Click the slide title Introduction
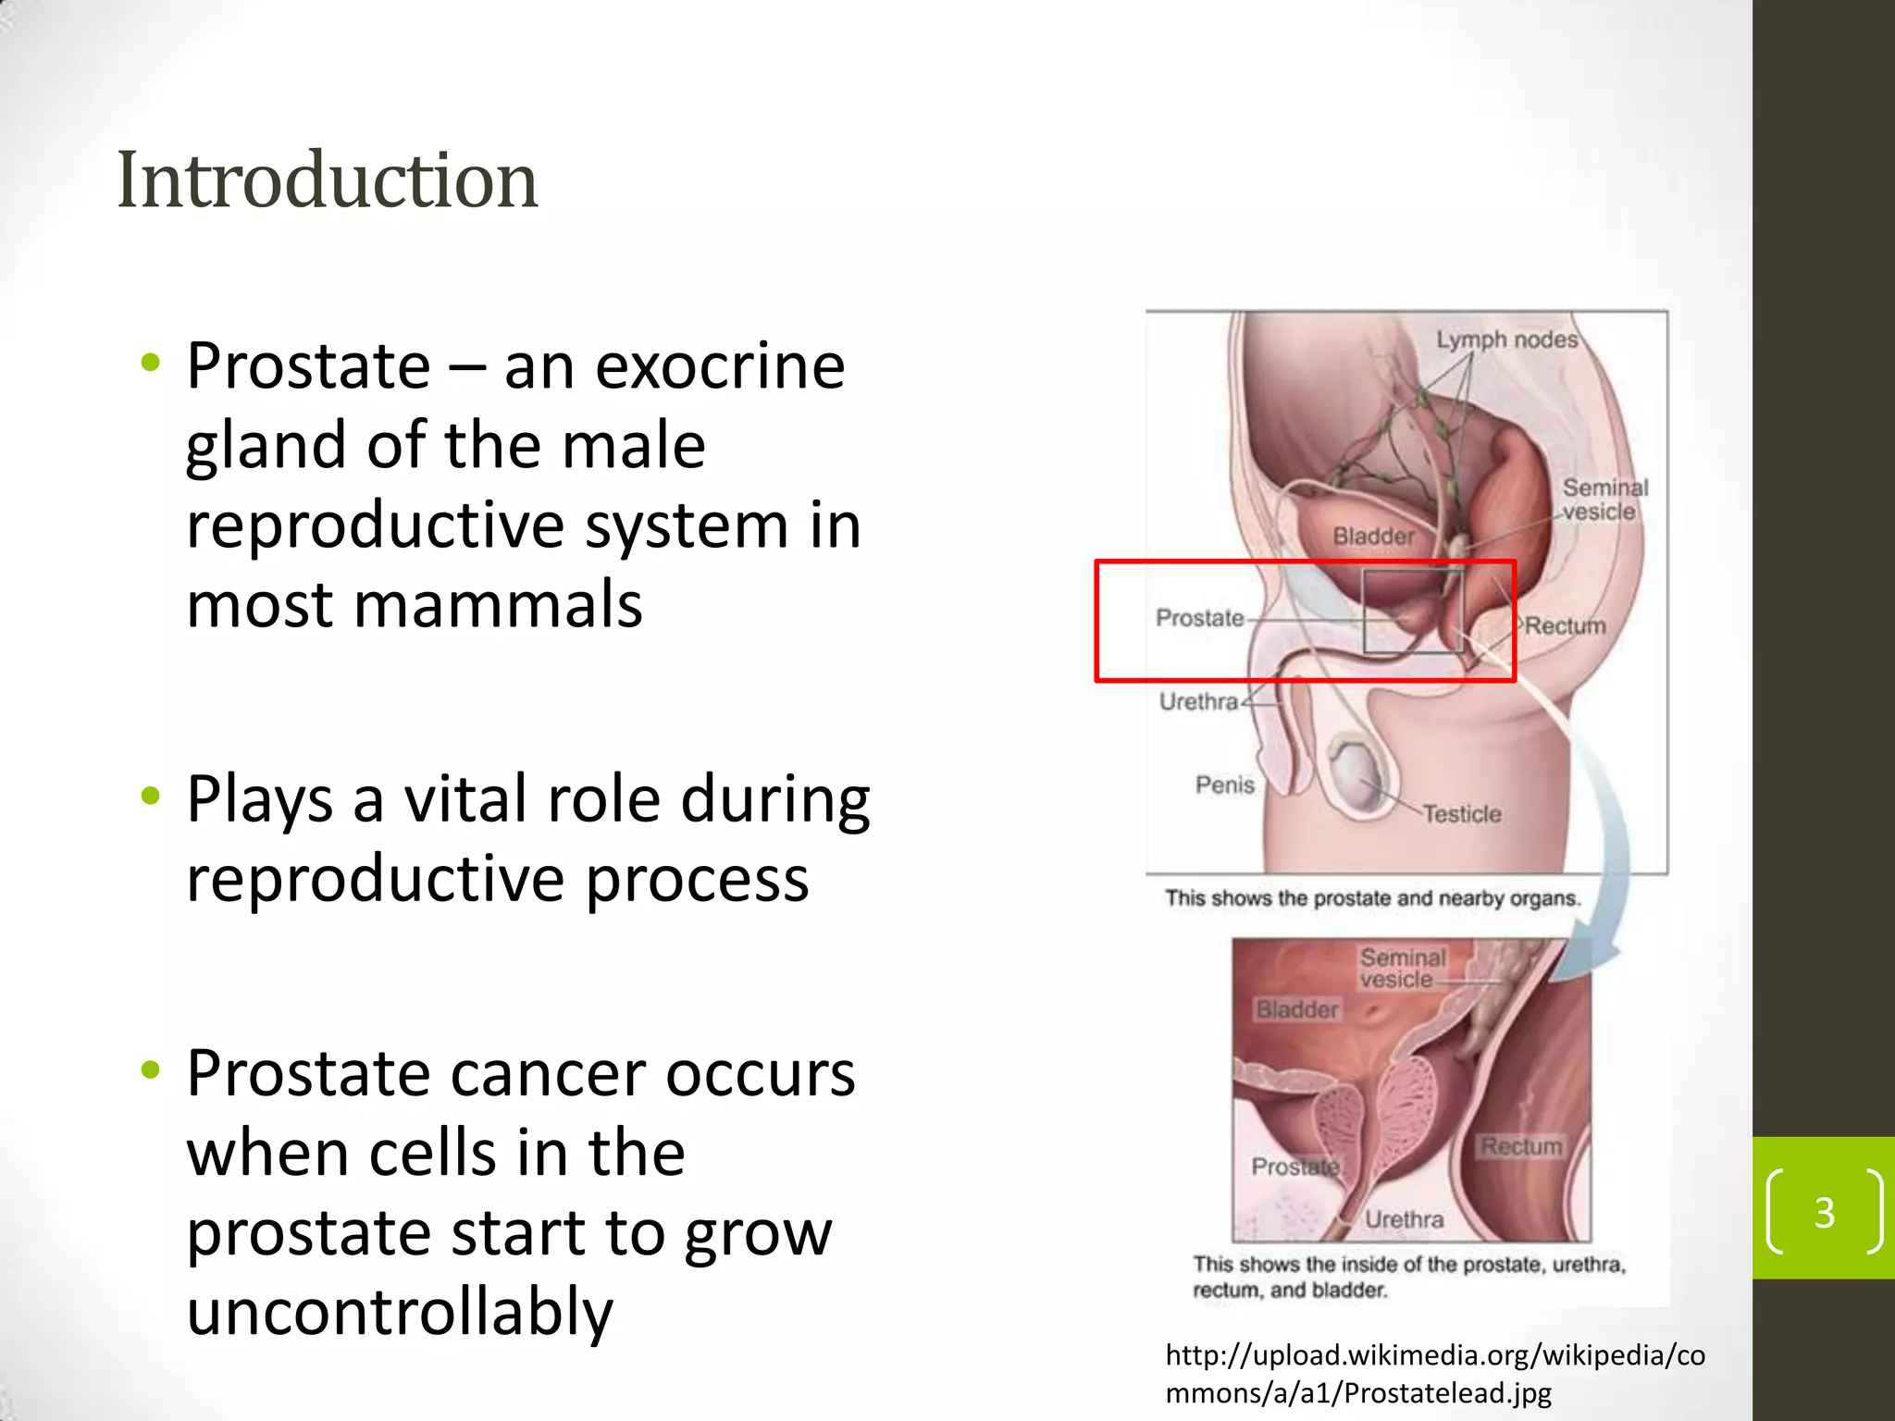point(327,180)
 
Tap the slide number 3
point(1824,1212)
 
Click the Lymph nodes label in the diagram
point(1506,340)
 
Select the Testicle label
point(1461,814)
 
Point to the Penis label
point(1224,785)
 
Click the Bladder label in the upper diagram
point(1373,537)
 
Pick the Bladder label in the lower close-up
point(1296,1009)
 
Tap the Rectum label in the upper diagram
point(1565,626)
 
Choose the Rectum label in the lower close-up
point(1520,1146)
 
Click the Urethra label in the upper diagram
point(1198,702)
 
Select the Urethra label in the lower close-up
point(1404,1219)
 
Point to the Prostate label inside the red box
point(1199,618)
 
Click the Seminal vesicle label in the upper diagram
point(1604,500)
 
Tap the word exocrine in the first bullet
point(719,366)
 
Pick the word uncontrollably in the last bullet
point(400,1312)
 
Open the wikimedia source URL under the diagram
point(1434,1374)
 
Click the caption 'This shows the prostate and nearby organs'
point(1372,898)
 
